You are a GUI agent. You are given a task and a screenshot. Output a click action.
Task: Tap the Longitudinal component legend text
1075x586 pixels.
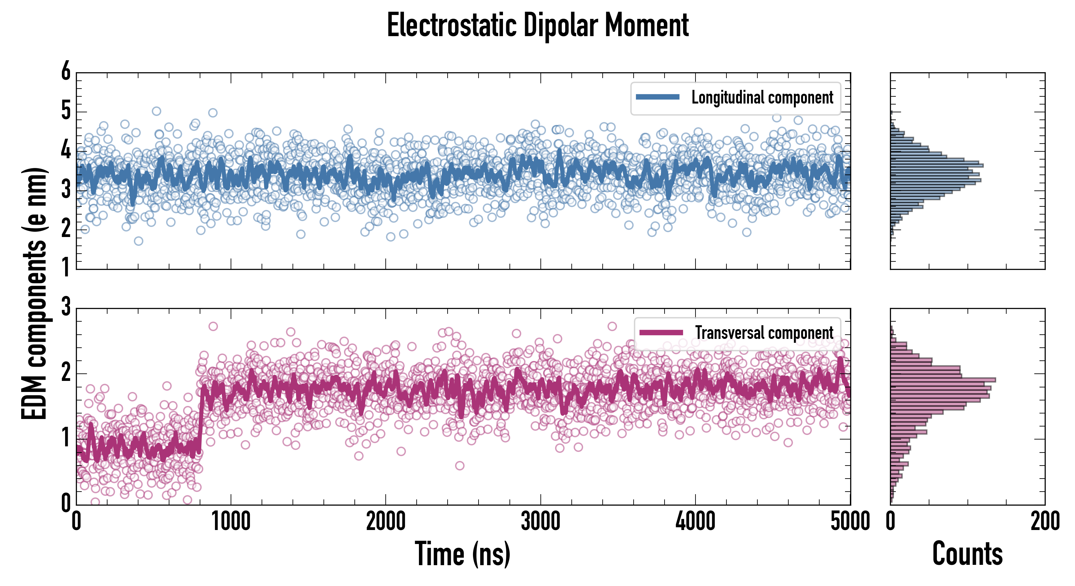(762, 98)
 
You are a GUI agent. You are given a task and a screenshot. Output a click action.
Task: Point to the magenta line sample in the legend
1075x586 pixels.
(661, 332)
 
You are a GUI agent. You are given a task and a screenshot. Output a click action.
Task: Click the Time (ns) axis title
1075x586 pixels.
(462, 553)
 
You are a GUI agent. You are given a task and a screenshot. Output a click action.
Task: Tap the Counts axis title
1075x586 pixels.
(967, 553)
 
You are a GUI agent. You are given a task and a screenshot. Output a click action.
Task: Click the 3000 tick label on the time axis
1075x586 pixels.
(540, 521)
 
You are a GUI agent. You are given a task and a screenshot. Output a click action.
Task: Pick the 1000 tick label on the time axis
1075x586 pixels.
(231, 521)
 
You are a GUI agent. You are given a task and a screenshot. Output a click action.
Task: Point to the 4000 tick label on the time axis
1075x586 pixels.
(695, 521)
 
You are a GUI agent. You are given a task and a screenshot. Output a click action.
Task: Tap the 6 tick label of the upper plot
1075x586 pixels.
(66, 72)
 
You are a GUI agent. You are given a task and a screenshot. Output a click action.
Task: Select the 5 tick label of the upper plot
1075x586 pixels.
(66, 111)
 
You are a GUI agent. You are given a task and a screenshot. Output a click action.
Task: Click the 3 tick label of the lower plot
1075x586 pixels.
(66, 307)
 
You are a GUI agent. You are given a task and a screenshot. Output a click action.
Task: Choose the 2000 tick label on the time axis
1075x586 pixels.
(386, 521)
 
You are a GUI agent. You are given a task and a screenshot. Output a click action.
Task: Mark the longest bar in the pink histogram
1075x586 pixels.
(943, 380)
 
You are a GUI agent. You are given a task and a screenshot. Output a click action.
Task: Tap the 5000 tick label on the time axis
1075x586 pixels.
(850, 521)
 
